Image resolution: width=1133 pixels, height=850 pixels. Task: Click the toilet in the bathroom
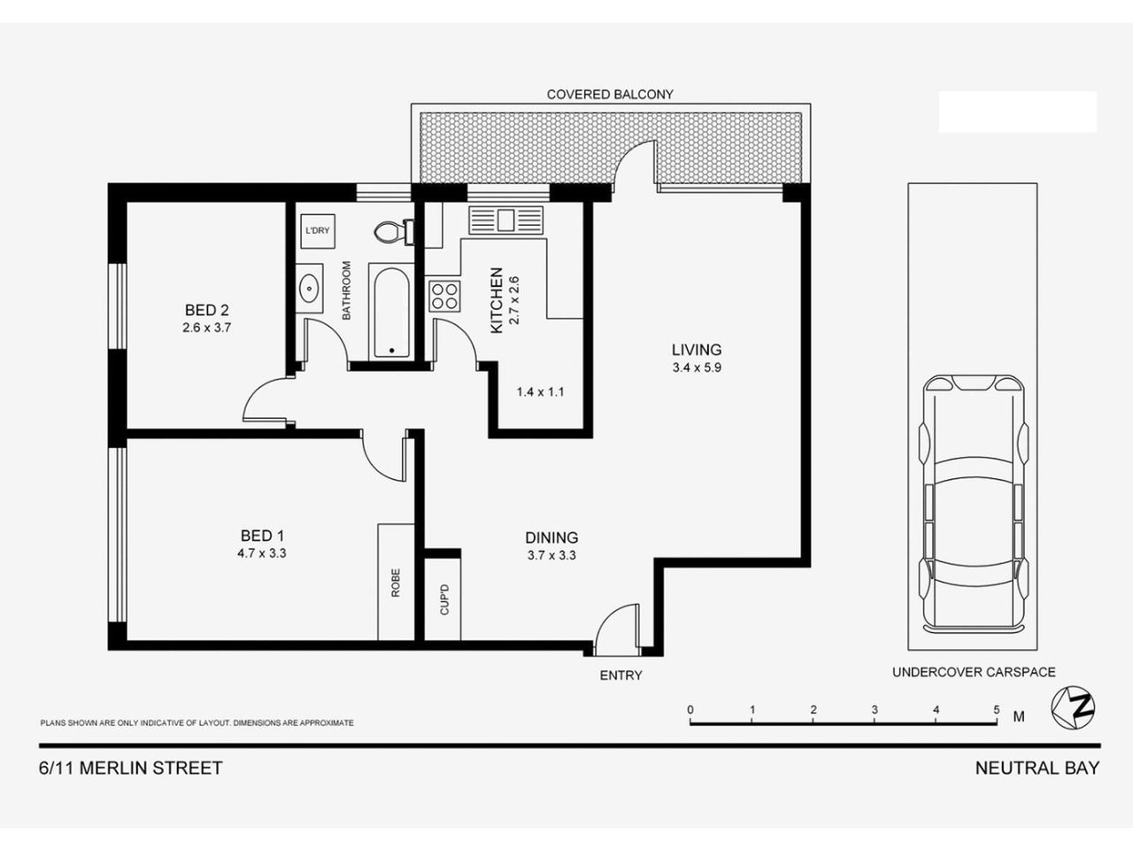tap(388, 232)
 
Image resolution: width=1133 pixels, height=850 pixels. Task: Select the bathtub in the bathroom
tap(390, 313)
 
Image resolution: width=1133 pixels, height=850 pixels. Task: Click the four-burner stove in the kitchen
tap(444, 295)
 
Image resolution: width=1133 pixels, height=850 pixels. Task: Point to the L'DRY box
tap(317, 230)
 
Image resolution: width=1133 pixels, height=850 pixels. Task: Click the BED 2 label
tap(207, 310)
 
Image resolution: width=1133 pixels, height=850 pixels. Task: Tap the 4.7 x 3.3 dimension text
tap(262, 553)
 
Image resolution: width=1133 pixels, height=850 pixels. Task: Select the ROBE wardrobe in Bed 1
tap(396, 581)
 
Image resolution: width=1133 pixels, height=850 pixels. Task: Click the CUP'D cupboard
tap(444, 598)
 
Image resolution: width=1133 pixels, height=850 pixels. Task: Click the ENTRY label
tap(620, 676)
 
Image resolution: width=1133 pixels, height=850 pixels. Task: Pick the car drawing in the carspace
tap(973, 500)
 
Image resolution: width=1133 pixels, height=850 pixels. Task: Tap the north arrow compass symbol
tap(1073, 707)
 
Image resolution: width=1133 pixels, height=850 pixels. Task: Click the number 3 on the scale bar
tap(874, 709)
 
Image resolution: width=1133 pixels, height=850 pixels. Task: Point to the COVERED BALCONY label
tap(610, 94)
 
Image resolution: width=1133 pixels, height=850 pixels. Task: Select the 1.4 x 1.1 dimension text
tap(540, 391)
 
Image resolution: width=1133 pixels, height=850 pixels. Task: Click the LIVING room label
tap(696, 350)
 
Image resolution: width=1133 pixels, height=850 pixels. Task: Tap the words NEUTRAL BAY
tap(1037, 768)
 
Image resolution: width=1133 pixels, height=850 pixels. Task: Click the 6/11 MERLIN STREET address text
tap(131, 768)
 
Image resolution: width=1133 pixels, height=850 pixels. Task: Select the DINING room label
tap(551, 537)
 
